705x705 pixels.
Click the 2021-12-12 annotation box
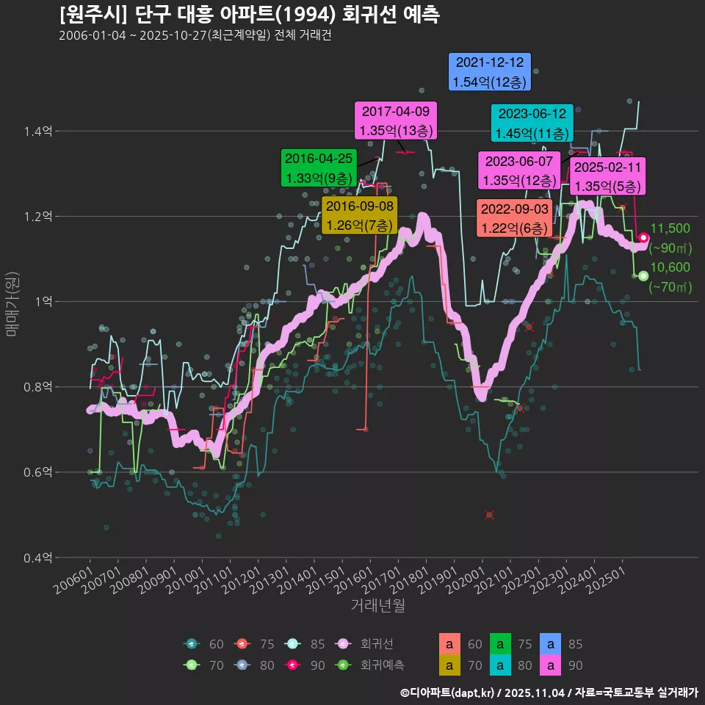coord(490,72)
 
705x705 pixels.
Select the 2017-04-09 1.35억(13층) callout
coord(396,121)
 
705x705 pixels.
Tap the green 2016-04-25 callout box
coord(319,167)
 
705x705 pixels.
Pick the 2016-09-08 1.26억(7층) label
coord(360,215)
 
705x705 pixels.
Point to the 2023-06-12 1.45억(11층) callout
coord(531,123)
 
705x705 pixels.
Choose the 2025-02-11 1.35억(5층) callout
coord(608,176)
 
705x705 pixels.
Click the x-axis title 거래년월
coord(377,606)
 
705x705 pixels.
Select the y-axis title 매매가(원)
coord(12,302)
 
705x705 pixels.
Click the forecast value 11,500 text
coord(670,228)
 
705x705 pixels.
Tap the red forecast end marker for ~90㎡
coord(643,237)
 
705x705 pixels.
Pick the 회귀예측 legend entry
coord(377,665)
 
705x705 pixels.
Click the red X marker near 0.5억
coord(490,515)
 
